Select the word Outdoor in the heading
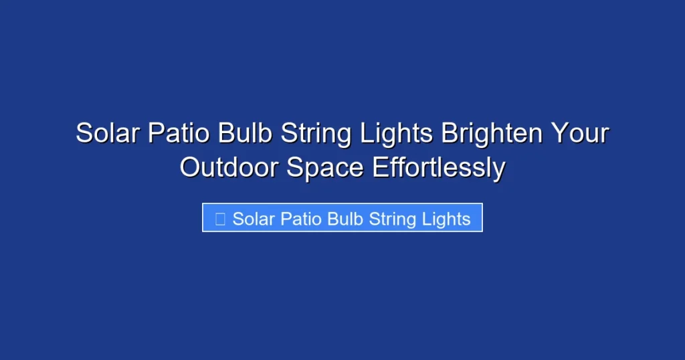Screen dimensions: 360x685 point(229,167)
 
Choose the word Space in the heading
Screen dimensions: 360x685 point(325,167)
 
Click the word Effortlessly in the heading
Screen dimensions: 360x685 point(438,167)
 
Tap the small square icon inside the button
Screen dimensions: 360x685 point(219,218)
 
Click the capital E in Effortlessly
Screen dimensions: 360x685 point(379,167)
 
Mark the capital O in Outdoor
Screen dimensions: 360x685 point(189,167)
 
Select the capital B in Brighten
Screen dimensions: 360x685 point(450,133)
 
